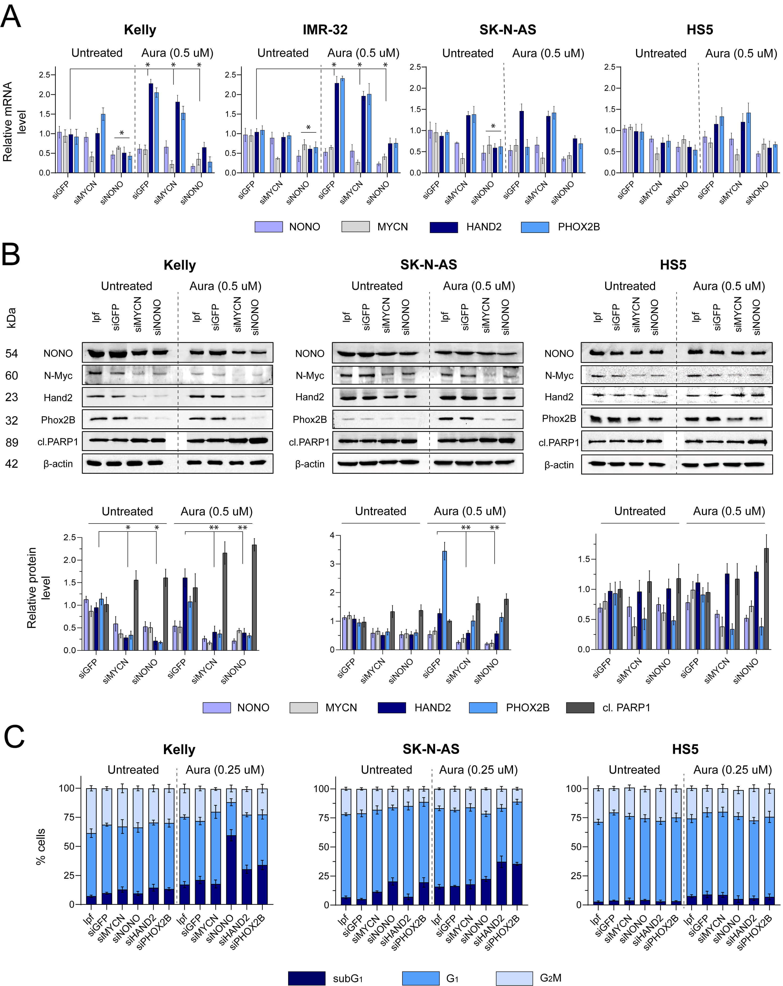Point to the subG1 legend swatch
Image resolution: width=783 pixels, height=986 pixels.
[x=306, y=978]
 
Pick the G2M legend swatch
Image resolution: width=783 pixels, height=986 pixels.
[x=514, y=978]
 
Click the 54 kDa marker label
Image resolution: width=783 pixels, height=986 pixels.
[x=12, y=353]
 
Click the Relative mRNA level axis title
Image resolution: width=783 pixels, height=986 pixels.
[x=14, y=122]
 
